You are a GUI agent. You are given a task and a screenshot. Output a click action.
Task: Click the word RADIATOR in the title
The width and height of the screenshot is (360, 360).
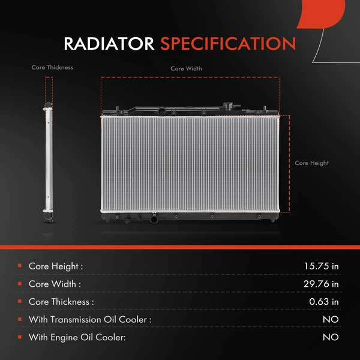(x=109, y=44)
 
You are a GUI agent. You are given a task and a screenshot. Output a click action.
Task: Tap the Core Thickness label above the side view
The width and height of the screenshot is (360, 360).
(x=52, y=68)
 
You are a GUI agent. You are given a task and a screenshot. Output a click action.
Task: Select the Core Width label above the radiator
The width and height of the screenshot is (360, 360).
(x=186, y=69)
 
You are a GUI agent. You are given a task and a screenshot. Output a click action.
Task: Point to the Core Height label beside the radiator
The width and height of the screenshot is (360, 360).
(x=311, y=163)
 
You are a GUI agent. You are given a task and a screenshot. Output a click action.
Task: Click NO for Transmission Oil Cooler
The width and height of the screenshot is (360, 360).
(x=331, y=320)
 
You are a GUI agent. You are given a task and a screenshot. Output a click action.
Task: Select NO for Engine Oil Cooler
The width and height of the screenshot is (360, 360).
(x=331, y=338)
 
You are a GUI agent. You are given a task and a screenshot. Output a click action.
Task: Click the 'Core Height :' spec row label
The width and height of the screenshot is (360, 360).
(x=56, y=266)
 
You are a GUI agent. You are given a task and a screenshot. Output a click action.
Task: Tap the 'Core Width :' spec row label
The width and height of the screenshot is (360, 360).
(x=55, y=284)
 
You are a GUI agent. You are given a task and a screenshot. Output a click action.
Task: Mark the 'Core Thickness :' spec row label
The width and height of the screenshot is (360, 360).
(x=61, y=302)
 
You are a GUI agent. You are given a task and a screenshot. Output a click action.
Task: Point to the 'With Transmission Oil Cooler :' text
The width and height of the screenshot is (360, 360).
(x=90, y=320)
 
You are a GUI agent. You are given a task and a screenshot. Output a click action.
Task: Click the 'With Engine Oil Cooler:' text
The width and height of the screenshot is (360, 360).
(x=77, y=338)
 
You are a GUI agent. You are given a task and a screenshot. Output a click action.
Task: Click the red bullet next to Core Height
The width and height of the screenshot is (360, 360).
(x=20, y=266)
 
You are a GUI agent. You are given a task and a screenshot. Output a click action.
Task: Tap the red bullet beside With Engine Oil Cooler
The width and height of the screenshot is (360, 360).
(x=20, y=338)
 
